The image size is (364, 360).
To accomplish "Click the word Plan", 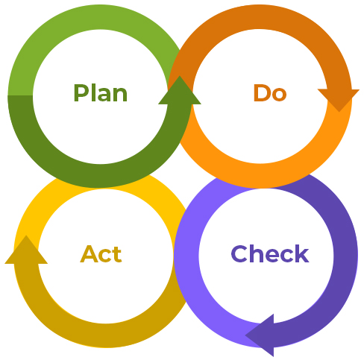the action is tap(101, 93).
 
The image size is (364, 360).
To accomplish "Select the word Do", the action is tap(270, 92).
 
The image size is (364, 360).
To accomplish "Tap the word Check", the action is tap(270, 253).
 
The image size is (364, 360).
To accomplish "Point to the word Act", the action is tap(101, 254).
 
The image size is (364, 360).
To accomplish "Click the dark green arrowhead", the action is tap(180, 91).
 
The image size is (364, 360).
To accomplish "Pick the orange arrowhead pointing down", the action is tap(339, 99).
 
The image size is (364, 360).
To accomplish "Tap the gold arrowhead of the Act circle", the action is tap(26, 250).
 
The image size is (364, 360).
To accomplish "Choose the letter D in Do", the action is tap(261, 92).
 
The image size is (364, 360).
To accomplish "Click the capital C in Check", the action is tap(239, 253).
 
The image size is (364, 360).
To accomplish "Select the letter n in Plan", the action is tap(121, 95).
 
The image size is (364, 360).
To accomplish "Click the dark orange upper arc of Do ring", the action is tap(260, 17).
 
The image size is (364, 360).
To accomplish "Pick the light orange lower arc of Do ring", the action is tap(260, 175).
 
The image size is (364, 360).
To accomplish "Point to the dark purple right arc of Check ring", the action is tap(345, 256).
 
